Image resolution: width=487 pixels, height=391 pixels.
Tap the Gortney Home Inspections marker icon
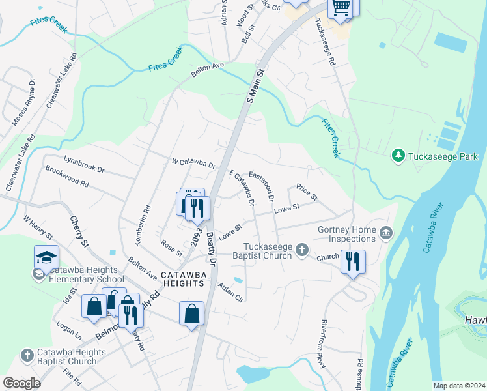coord(386,233)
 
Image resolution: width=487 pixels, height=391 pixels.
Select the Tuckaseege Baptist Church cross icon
coord(301,250)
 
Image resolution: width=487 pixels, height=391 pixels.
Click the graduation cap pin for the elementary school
coord(47,258)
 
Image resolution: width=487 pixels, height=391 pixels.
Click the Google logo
coord(21,383)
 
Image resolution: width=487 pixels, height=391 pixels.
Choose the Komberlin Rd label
coord(143,225)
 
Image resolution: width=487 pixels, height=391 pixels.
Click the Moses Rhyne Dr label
coord(23,102)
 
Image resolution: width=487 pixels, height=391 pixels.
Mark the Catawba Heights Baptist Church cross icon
coord(27,356)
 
